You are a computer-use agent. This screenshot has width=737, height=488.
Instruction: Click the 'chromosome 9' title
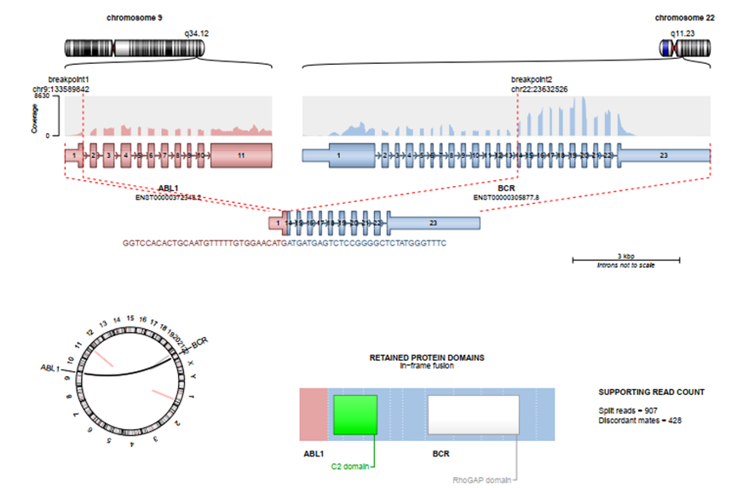(x=135, y=17)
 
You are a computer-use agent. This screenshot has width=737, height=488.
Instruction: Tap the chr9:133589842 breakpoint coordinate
(x=61, y=89)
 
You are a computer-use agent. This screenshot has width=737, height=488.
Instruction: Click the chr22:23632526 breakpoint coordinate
(x=539, y=89)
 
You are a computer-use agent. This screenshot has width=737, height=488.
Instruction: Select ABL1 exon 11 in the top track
(x=241, y=156)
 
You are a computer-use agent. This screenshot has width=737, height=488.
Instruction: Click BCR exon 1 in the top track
(x=338, y=156)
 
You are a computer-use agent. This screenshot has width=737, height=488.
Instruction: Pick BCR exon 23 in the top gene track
(x=664, y=156)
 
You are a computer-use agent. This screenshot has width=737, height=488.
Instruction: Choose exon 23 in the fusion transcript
(x=433, y=223)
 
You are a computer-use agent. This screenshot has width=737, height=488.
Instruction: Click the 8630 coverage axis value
(x=42, y=97)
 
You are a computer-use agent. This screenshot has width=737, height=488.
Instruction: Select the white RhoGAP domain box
(x=474, y=415)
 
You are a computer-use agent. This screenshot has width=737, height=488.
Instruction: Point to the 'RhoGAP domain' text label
(x=483, y=480)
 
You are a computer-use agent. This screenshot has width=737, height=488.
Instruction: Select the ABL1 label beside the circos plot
(x=50, y=369)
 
